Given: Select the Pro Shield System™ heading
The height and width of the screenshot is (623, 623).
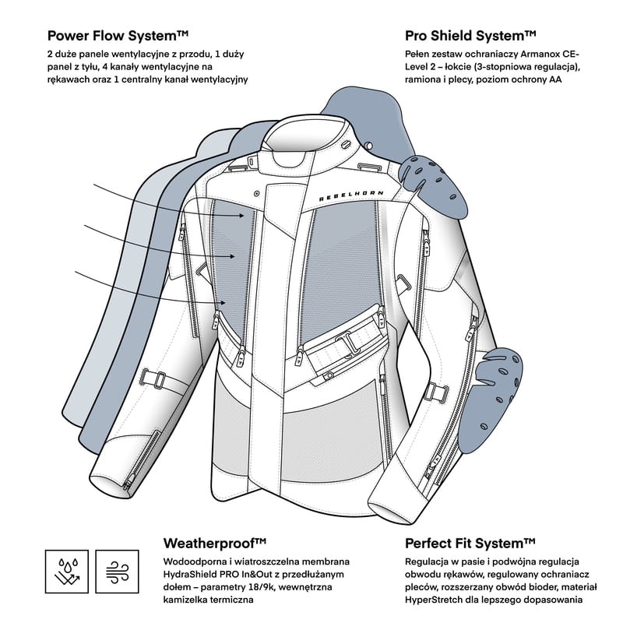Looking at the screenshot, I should coord(470,35).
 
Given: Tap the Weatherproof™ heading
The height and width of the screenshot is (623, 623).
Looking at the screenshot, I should coord(215,542).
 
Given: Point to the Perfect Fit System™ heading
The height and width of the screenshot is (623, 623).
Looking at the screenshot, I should coord(470,542).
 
